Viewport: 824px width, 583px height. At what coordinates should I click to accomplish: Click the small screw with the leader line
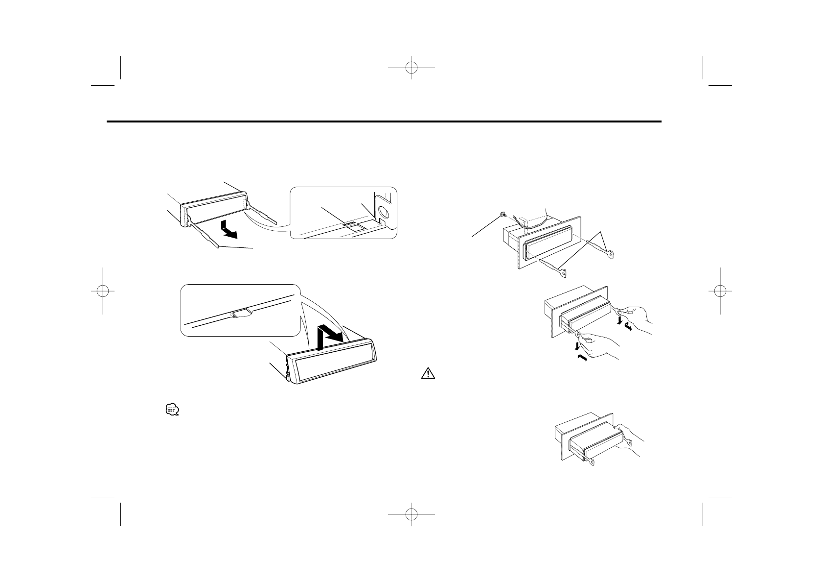(503, 214)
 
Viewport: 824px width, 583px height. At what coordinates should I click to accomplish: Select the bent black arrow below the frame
(229, 229)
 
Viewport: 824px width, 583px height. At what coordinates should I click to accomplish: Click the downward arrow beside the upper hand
(620, 320)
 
